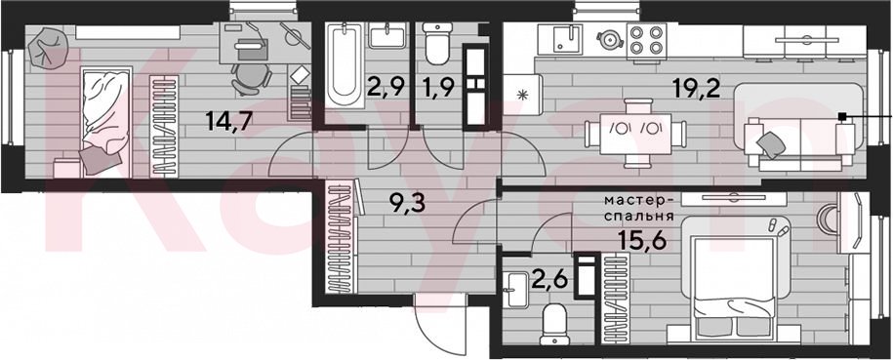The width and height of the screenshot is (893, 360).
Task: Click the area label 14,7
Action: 229,122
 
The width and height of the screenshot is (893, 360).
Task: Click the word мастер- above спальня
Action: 640,201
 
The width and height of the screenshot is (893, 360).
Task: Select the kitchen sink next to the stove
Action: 567,38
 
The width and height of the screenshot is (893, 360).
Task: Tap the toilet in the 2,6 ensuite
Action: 553,325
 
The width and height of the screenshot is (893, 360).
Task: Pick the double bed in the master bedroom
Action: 734,281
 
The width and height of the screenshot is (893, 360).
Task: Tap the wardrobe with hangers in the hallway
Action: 340,236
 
